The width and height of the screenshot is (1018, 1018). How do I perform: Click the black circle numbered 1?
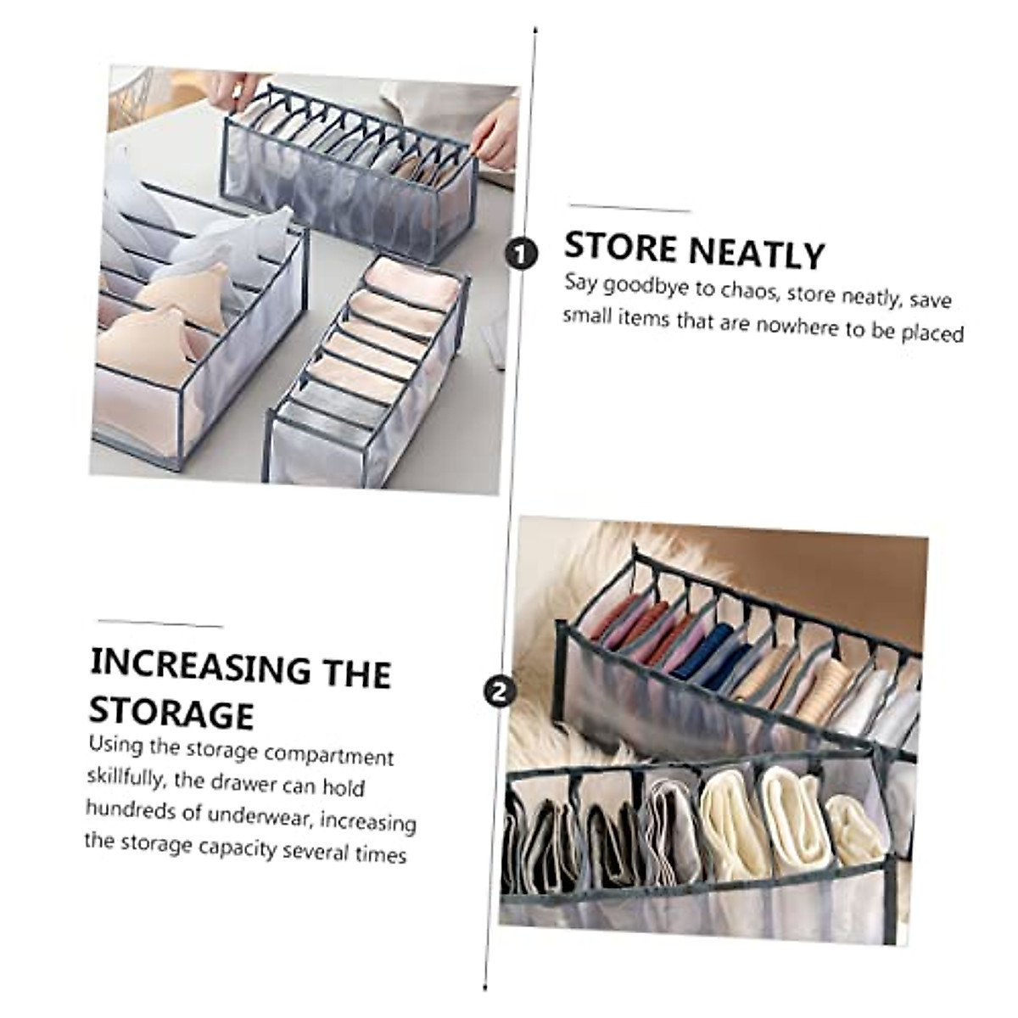pos(520,253)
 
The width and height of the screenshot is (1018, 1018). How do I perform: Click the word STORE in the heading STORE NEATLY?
pos(621,248)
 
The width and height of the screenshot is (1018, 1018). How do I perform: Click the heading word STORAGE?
pos(171,713)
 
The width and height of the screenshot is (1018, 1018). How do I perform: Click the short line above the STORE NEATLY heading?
pos(629,209)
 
